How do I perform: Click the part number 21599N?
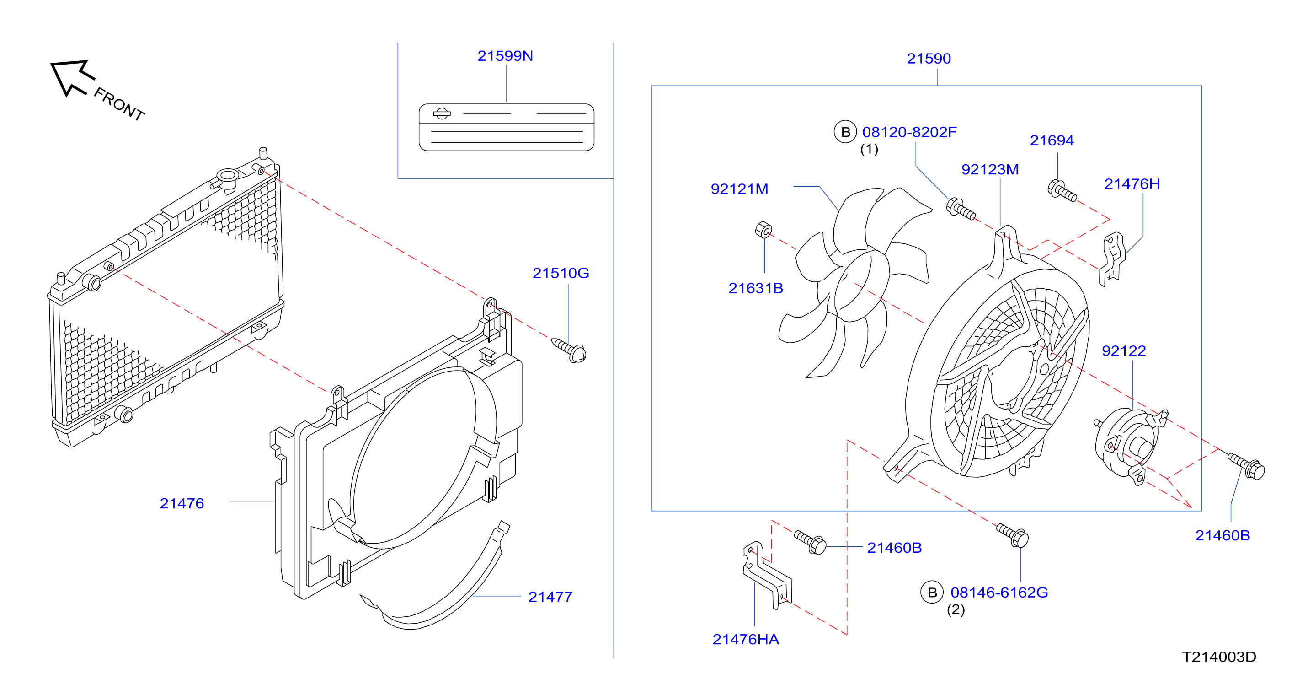click(505, 56)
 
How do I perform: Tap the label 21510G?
click(561, 274)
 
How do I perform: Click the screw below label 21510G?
click(569, 350)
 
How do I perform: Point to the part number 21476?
click(182, 504)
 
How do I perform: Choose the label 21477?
click(550, 597)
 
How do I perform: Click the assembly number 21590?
click(929, 59)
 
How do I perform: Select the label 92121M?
click(739, 189)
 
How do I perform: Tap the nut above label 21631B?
click(763, 230)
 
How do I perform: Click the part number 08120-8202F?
click(909, 132)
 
